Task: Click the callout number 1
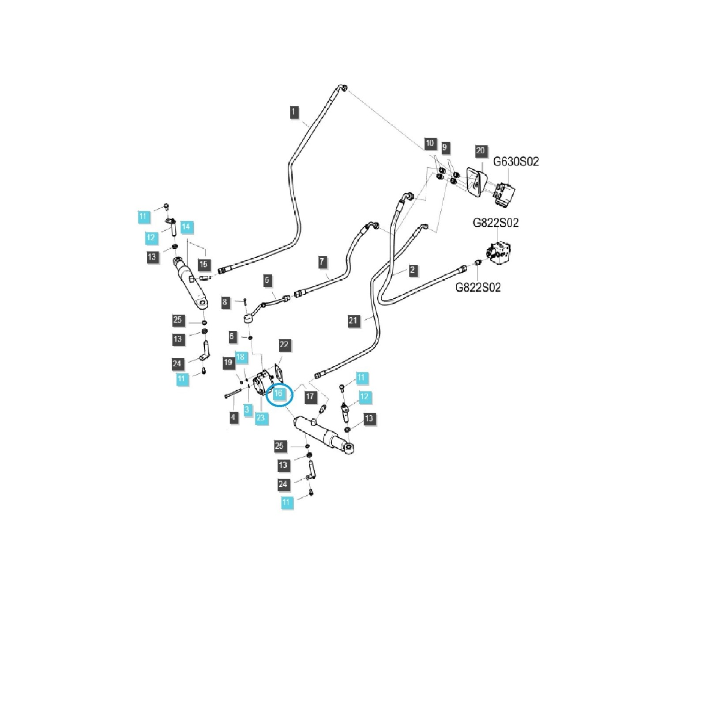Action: pos(294,112)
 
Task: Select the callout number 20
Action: pos(480,151)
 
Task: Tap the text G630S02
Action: pos(516,161)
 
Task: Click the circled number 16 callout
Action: pos(278,394)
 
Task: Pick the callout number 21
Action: pos(353,321)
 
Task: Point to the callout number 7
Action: pos(322,262)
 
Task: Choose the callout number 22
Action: pos(284,345)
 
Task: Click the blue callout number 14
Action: pos(186,227)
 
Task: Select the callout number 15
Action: pos(203,265)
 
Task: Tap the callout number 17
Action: pos(310,397)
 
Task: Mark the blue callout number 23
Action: pos(261,417)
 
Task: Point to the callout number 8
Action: pos(225,302)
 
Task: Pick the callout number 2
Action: pos(413,270)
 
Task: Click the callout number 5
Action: pos(267,280)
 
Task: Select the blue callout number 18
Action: pos(240,357)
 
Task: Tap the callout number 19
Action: pos(228,363)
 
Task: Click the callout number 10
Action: pos(430,143)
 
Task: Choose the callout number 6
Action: pos(232,337)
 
